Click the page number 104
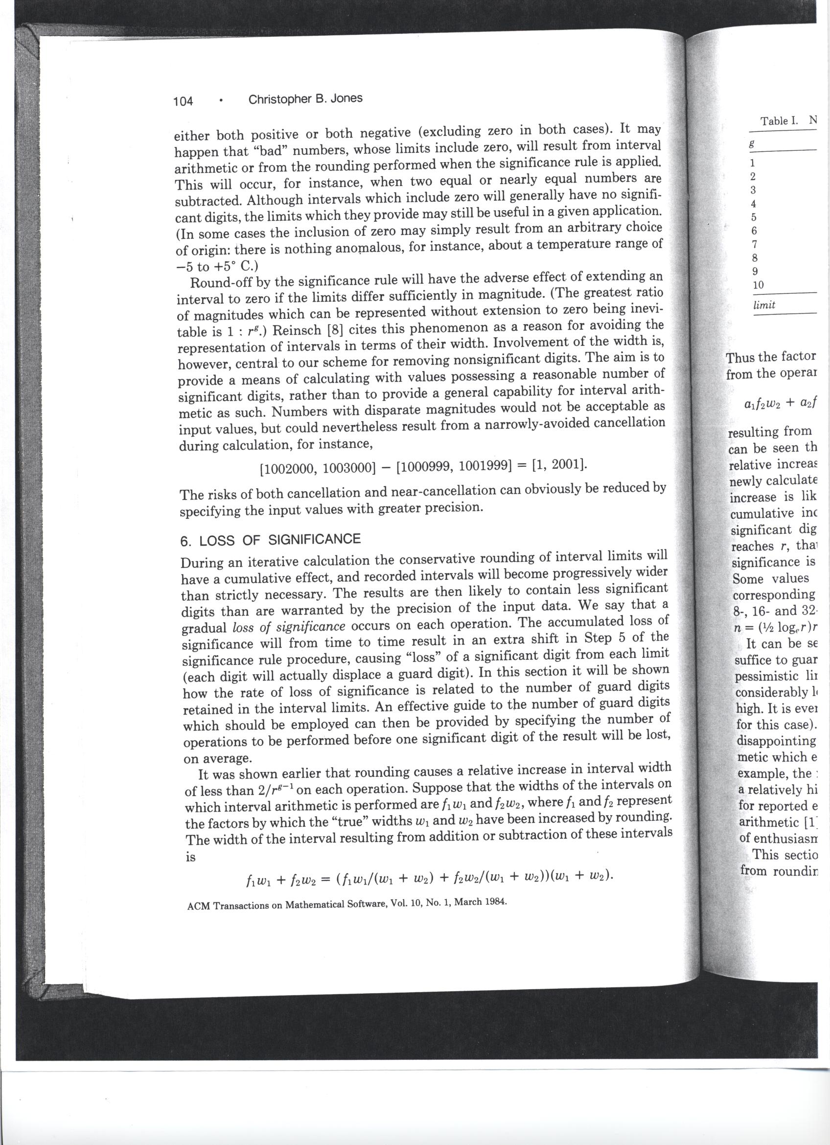coord(183,101)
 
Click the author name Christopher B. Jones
coord(305,99)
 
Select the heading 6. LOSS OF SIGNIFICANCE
coord(271,540)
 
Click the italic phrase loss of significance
coord(289,627)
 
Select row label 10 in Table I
coord(758,285)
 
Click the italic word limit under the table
coord(764,305)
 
